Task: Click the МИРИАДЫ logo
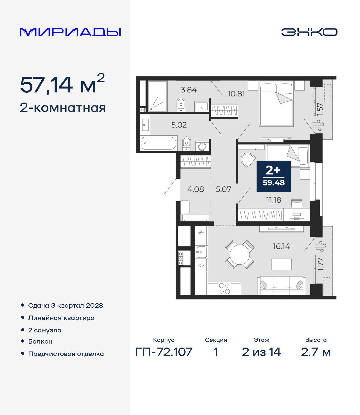pyautogui.click(x=70, y=32)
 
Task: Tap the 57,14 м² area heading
pyautogui.click(x=62, y=84)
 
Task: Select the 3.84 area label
pyautogui.click(x=189, y=90)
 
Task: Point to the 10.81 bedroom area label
pyautogui.click(x=236, y=94)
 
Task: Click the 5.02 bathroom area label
pyautogui.click(x=179, y=125)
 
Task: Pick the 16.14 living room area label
pyautogui.click(x=282, y=246)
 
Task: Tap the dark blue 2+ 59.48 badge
pyautogui.click(x=274, y=176)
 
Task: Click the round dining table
pyautogui.click(x=240, y=255)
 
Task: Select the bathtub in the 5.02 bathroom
pyautogui.click(x=159, y=143)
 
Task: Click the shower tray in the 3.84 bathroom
pyautogui.click(x=157, y=96)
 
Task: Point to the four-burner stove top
pyautogui.click(x=224, y=289)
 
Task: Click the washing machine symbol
pyautogui.click(x=202, y=147)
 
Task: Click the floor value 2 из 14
pyautogui.click(x=261, y=352)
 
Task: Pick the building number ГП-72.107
pyautogui.click(x=164, y=352)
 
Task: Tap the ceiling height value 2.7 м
pyautogui.click(x=316, y=352)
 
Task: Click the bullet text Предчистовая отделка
pyautogui.click(x=66, y=354)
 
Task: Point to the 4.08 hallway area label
pyautogui.click(x=195, y=189)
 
